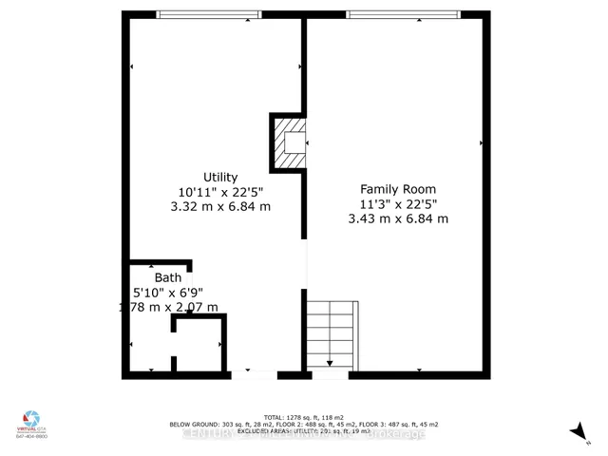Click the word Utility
(219, 178)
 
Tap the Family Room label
(398, 189)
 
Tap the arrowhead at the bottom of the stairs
(330, 363)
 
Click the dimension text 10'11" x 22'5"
(219, 192)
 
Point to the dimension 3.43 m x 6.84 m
(398, 218)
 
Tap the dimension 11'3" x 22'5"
(398, 203)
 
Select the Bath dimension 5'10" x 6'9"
(168, 293)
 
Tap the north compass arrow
(577, 431)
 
